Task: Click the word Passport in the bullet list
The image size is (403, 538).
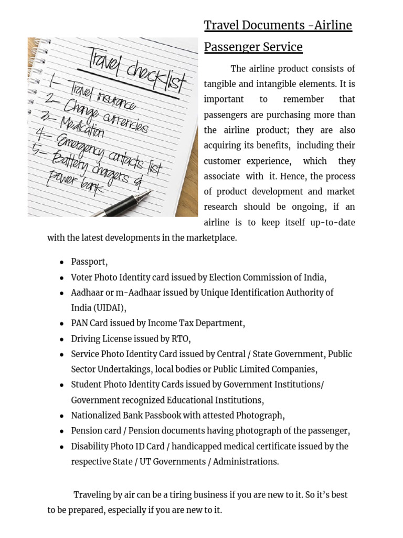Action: (x=89, y=262)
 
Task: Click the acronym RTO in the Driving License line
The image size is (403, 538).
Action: (x=181, y=338)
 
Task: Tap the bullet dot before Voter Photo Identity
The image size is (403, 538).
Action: (x=62, y=278)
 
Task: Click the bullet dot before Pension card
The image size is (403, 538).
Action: (x=62, y=431)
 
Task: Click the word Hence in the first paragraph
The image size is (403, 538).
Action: (x=294, y=177)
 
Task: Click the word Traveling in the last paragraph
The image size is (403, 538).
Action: (x=92, y=495)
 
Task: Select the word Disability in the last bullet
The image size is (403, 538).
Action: (x=90, y=447)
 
